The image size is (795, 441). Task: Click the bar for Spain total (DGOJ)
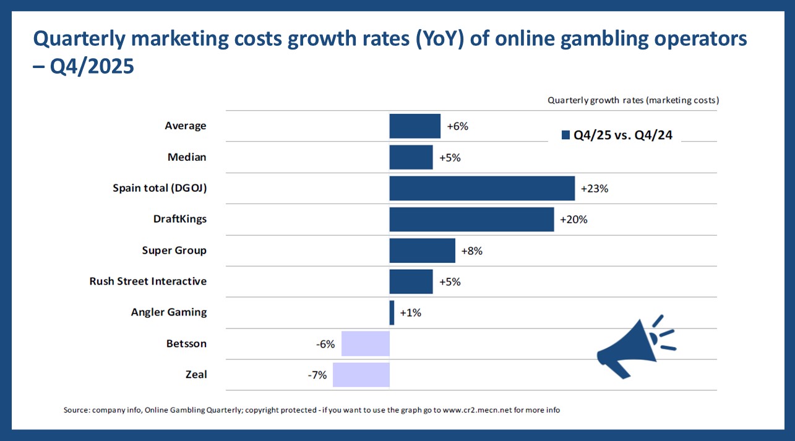pos(482,188)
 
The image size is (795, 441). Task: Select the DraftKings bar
pos(471,219)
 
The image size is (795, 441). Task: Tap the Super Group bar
pos(422,250)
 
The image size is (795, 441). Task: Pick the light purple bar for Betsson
pos(365,343)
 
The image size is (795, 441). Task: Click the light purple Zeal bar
pos(361,374)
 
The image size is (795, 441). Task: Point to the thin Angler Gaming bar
pos(392,312)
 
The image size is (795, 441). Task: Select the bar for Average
pos(415,126)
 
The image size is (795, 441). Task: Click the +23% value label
pos(595,189)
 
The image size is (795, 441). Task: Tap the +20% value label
pos(574,220)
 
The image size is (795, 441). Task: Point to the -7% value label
pos(317,375)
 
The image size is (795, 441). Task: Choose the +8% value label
pos(471,251)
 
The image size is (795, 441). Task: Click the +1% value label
pos(410,313)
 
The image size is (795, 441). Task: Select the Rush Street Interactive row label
pos(148,281)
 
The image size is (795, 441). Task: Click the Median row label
pos(187,157)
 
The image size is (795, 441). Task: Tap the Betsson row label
pos(186,343)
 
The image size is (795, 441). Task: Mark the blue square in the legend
pos(565,135)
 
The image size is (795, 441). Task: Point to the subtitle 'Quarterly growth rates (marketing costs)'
pos(633,100)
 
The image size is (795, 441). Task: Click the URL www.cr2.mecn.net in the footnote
pos(481,410)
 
